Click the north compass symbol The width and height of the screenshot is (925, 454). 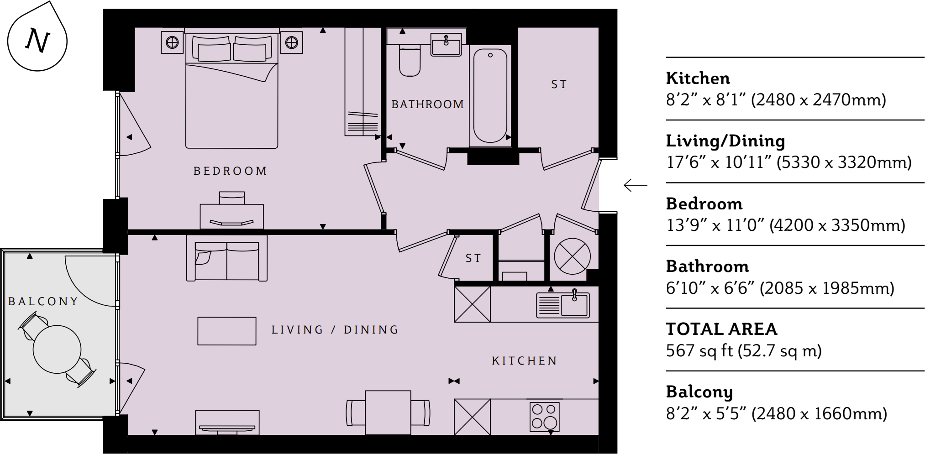pos(37,40)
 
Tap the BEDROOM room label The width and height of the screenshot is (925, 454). pos(230,171)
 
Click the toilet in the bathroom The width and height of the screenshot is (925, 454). pos(410,61)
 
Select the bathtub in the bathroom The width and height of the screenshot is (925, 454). pos(490,96)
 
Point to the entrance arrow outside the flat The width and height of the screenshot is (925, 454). pos(635,185)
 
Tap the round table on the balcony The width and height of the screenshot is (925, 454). pos(57,349)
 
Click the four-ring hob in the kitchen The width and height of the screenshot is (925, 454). pos(544,417)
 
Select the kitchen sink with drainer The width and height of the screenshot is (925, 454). pos(562,305)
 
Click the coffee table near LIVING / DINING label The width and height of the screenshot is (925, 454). pos(226,331)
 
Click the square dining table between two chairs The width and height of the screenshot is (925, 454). pos(388,412)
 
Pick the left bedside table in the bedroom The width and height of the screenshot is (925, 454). pos(172,42)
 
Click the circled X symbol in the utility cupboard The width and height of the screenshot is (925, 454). pos(572,256)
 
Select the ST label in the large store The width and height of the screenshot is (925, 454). pos(559,84)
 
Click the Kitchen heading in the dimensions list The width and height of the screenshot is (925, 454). pos(698,78)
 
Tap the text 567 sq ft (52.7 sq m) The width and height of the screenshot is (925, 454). pos(743,350)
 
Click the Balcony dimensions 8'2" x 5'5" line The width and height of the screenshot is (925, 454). pos(776,413)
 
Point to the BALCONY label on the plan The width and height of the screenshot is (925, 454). pos(43,302)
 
